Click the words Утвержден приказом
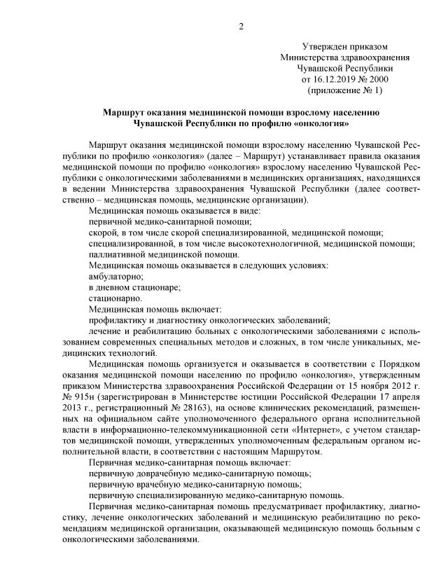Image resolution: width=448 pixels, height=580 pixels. (x=345, y=46)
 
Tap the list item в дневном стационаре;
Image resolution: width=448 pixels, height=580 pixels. (x=134, y=287)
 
